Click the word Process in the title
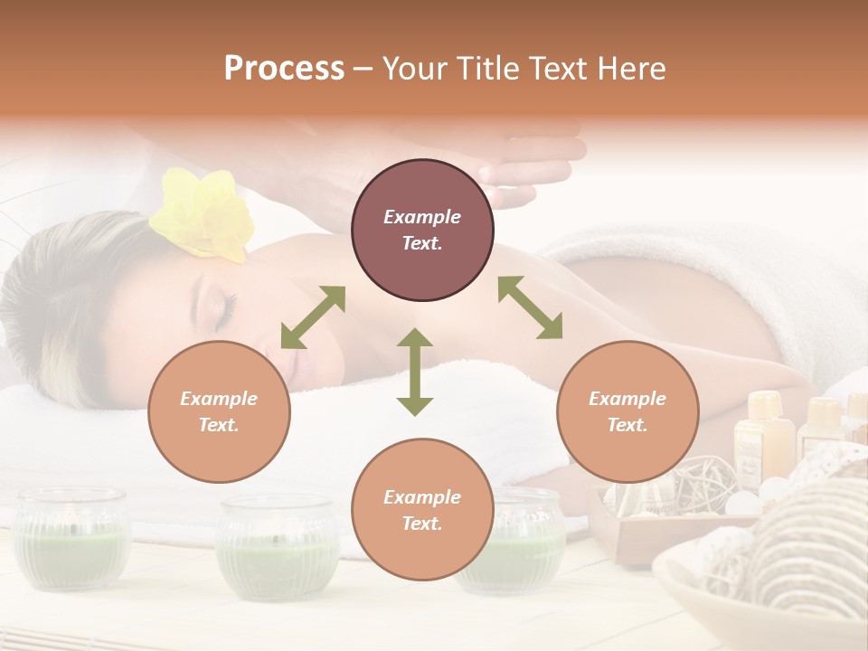(x=284, y=69)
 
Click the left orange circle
(x=219, y=411)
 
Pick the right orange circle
(x=627, y=411)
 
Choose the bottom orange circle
(x=422, y=510)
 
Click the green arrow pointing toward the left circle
(x=313, y=317)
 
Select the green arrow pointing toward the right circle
(x=530, y=307)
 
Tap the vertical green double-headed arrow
(x=415, y=372)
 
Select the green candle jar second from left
(x=278, y=548)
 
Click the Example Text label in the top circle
(x=422, y=230)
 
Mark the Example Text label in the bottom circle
(x=422, y=510)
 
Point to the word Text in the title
(x=557, y=69)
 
